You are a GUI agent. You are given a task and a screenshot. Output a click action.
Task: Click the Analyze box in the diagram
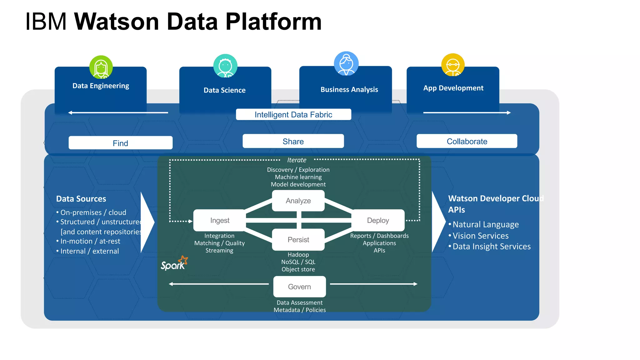coord(298,201)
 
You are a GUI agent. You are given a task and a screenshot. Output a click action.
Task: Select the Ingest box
coord(220,220)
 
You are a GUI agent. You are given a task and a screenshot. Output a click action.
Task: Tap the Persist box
coord(298,240)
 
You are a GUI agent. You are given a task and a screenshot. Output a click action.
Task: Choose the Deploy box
coord(378,220)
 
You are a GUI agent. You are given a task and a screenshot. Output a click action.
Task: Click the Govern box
coord(299,287)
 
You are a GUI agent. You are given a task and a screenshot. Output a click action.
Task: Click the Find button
coord(120,143)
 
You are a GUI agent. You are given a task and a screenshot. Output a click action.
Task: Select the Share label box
coord(293,141)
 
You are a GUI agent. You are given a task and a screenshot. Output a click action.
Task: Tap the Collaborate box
coord(467,141)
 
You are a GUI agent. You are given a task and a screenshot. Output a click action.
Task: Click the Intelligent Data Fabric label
coord(293,114)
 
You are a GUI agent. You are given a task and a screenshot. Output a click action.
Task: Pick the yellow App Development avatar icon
coord(453,65)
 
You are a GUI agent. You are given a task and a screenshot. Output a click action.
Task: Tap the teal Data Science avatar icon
coord(225,66)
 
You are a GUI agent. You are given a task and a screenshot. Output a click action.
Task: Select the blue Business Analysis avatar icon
coord(346,64)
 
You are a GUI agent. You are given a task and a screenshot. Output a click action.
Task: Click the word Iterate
coord(297,160)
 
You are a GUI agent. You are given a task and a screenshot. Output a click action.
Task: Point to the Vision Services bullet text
coord(480,236)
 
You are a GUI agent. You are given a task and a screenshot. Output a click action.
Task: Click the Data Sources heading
coord(81,199)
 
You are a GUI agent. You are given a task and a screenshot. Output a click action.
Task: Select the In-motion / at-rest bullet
coord(90,241)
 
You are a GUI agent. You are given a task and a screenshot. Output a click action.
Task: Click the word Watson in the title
coord(117,22)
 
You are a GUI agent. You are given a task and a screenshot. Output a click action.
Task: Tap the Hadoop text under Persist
coord(298,255)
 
